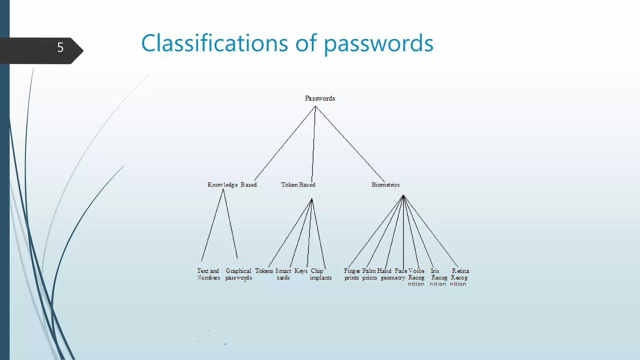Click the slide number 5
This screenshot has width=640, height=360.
(60, 47)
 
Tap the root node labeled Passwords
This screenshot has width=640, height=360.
(320, 98)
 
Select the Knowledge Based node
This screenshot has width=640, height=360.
(232, 185)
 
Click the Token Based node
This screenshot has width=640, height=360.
(298, 185)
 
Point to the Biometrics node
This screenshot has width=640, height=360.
(385, 185)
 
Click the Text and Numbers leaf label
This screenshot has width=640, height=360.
(208, 274)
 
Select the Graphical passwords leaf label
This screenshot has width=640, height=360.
(238, 274)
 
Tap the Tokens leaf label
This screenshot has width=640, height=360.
(264, 271)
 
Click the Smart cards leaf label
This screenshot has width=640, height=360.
(283, 274)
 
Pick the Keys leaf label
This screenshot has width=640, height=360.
(301, 271)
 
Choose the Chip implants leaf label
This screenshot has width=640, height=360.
(320, 274)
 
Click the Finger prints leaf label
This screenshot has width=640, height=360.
(352, 274)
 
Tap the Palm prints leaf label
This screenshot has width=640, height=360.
(369, 274)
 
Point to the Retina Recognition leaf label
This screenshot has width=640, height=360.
(459, 277)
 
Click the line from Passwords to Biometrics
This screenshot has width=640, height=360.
(350, 144)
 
